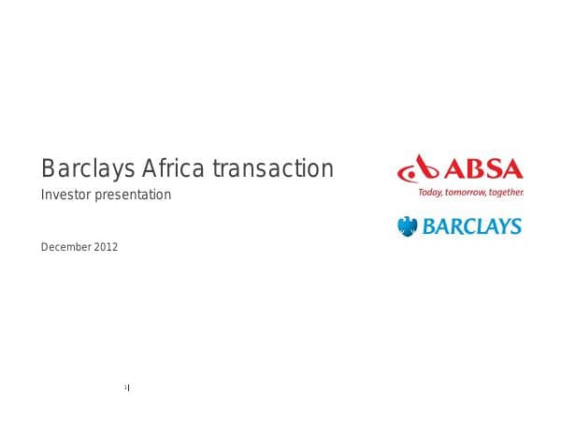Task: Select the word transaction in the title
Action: click(x=272, y=169)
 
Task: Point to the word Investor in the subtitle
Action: click(x=64, y=196)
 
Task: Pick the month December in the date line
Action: click(x=65, y=247)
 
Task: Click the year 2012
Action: click(x=106, y=247)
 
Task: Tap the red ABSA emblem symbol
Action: click(x=418, y=170)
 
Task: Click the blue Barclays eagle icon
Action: click(x=407, y=225)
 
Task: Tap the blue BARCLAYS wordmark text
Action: click(x=471, y=226)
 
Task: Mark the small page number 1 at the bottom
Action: click(x=125, y=386)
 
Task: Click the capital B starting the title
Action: click(x=48, y=169)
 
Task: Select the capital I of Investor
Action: click(x=43, y=196)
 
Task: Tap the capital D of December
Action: click(x=45, y=247)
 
